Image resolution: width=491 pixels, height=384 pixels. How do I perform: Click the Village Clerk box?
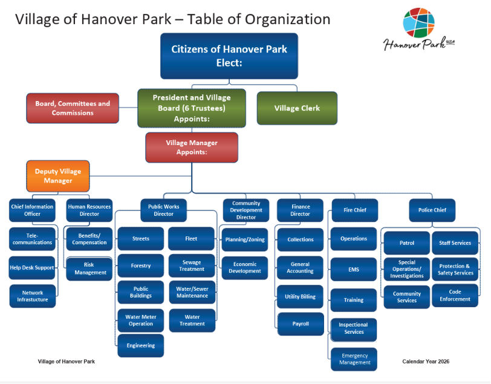click(x=297, y=108)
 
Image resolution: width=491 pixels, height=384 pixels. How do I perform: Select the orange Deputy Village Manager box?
click(x=58, y=176)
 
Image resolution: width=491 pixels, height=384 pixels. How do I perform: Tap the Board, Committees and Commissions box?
click(x=73, y=108)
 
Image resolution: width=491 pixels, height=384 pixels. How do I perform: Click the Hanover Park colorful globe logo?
click(x=418, y=22)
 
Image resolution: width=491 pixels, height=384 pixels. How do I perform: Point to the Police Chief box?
click(x=432, y=210)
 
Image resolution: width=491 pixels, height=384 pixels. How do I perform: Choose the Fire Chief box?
click(x=355, y=210)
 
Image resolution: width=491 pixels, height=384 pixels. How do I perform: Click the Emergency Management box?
click(x=354, y=359)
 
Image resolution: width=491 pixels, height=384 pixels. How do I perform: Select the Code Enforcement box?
click(x=455, y=295)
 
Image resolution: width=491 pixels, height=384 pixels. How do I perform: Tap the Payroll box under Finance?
click(x=301, y=324)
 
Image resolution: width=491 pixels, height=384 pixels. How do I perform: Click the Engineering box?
click(x=141, y=345)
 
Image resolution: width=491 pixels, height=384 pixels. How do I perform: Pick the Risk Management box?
click(x=89, y=268)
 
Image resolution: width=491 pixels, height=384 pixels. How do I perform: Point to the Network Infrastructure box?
click(x=33, y=296)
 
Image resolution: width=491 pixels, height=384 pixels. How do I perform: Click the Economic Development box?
click(x=245, y=268)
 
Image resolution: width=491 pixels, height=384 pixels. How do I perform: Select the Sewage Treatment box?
click(x=192, y=265)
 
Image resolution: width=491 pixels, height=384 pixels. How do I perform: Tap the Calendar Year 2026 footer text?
click(x=426, y=362)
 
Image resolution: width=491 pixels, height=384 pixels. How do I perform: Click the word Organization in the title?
click(x=287, y=19)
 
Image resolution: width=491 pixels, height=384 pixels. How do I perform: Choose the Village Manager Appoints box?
click(x=192, y=148)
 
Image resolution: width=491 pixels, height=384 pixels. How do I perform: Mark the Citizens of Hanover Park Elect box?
click(x=229, y=56)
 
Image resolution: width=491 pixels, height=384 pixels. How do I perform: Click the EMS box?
click(x=354, y=269)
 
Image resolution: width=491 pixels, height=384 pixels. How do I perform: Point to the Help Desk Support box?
click(x=32, y=268)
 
